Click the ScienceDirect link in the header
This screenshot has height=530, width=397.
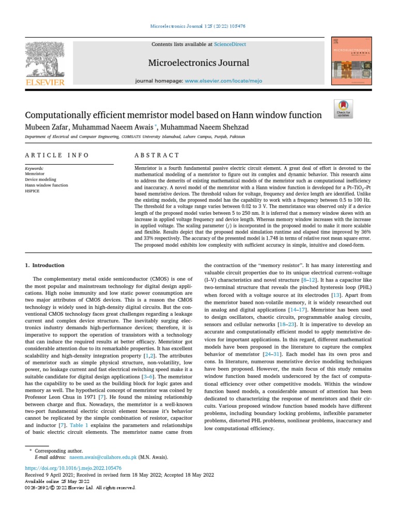click(x=232, y=45)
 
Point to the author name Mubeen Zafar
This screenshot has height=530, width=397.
click(x=48, y=127)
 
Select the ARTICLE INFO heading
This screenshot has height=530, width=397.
click(x=57, y=155)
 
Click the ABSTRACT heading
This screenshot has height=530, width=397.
click(x=157, y=155)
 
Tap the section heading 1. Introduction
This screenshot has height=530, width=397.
click(x=45, y=266)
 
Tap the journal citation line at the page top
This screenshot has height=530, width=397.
click(x=198, y=25)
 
